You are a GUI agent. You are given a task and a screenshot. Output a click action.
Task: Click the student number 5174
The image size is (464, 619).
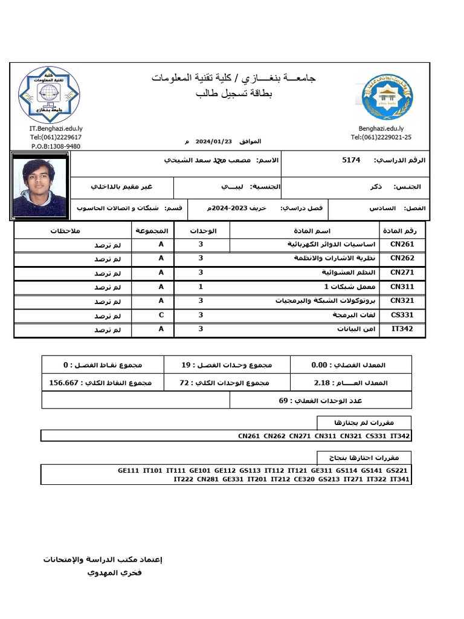[x=351, y=160]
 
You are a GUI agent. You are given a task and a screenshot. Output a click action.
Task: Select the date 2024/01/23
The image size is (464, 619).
[x=211, y=141]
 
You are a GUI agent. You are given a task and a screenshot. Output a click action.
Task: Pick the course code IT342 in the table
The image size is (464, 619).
[x=402, y=329]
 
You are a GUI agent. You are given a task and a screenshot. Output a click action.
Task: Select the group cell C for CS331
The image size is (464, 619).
[x=161, y=315]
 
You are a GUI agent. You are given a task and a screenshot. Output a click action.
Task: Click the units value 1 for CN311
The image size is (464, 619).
[x=201, y=287]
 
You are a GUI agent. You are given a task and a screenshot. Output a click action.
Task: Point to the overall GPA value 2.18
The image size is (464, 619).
[x=326, y=383]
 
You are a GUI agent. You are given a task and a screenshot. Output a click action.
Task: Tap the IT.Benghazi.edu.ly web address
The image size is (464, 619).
[x=56, y=129]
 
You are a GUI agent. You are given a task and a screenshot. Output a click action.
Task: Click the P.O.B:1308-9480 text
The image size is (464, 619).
[x=56, y=146]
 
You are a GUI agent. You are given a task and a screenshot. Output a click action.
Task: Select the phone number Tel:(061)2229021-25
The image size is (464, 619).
[x=381, y=137]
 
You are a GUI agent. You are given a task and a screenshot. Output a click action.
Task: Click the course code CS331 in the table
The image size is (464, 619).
[x=402, y=315]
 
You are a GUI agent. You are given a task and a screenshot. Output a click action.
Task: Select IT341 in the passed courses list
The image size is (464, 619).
[x=400, y=479]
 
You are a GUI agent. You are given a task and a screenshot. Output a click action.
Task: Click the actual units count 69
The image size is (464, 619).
[x=283, y=400]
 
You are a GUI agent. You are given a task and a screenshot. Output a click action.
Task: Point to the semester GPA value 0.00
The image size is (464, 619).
[x=319, y=365]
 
